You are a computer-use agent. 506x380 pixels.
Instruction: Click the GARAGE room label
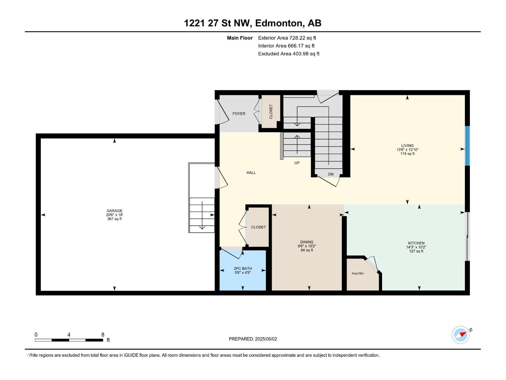tap(114, 211)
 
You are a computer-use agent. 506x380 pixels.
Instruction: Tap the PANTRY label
tap(358, 274)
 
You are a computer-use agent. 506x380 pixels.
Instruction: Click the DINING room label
tap(307, 242)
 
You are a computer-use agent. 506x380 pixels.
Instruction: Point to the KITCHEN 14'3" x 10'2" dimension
tap(416, 247)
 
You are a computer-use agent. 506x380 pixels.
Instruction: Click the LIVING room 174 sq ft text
tap(407, 154)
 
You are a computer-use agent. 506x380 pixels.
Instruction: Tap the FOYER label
tap(239, 114)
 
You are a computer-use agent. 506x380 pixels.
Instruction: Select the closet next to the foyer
tap(271, 111)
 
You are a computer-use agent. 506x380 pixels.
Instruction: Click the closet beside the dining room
tap(258, 227)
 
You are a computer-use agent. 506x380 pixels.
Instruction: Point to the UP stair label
tap(297, 163)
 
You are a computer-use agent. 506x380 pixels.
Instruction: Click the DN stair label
tap(331, 174)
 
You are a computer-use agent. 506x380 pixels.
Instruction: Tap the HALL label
tap(251, 173)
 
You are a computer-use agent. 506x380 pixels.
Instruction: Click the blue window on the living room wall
tap(467, 146)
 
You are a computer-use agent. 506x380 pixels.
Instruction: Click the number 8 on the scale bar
tap(103, 335)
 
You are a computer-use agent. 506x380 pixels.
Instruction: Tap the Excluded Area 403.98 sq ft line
tap(288, 54)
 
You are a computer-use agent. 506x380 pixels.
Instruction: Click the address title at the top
tap(253, 23)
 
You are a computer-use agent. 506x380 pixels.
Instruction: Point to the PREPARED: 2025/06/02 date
tap(253, 339)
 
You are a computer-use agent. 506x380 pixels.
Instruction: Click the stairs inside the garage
tap(202, 215)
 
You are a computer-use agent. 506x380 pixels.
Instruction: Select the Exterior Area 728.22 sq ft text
tap(287, 38)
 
